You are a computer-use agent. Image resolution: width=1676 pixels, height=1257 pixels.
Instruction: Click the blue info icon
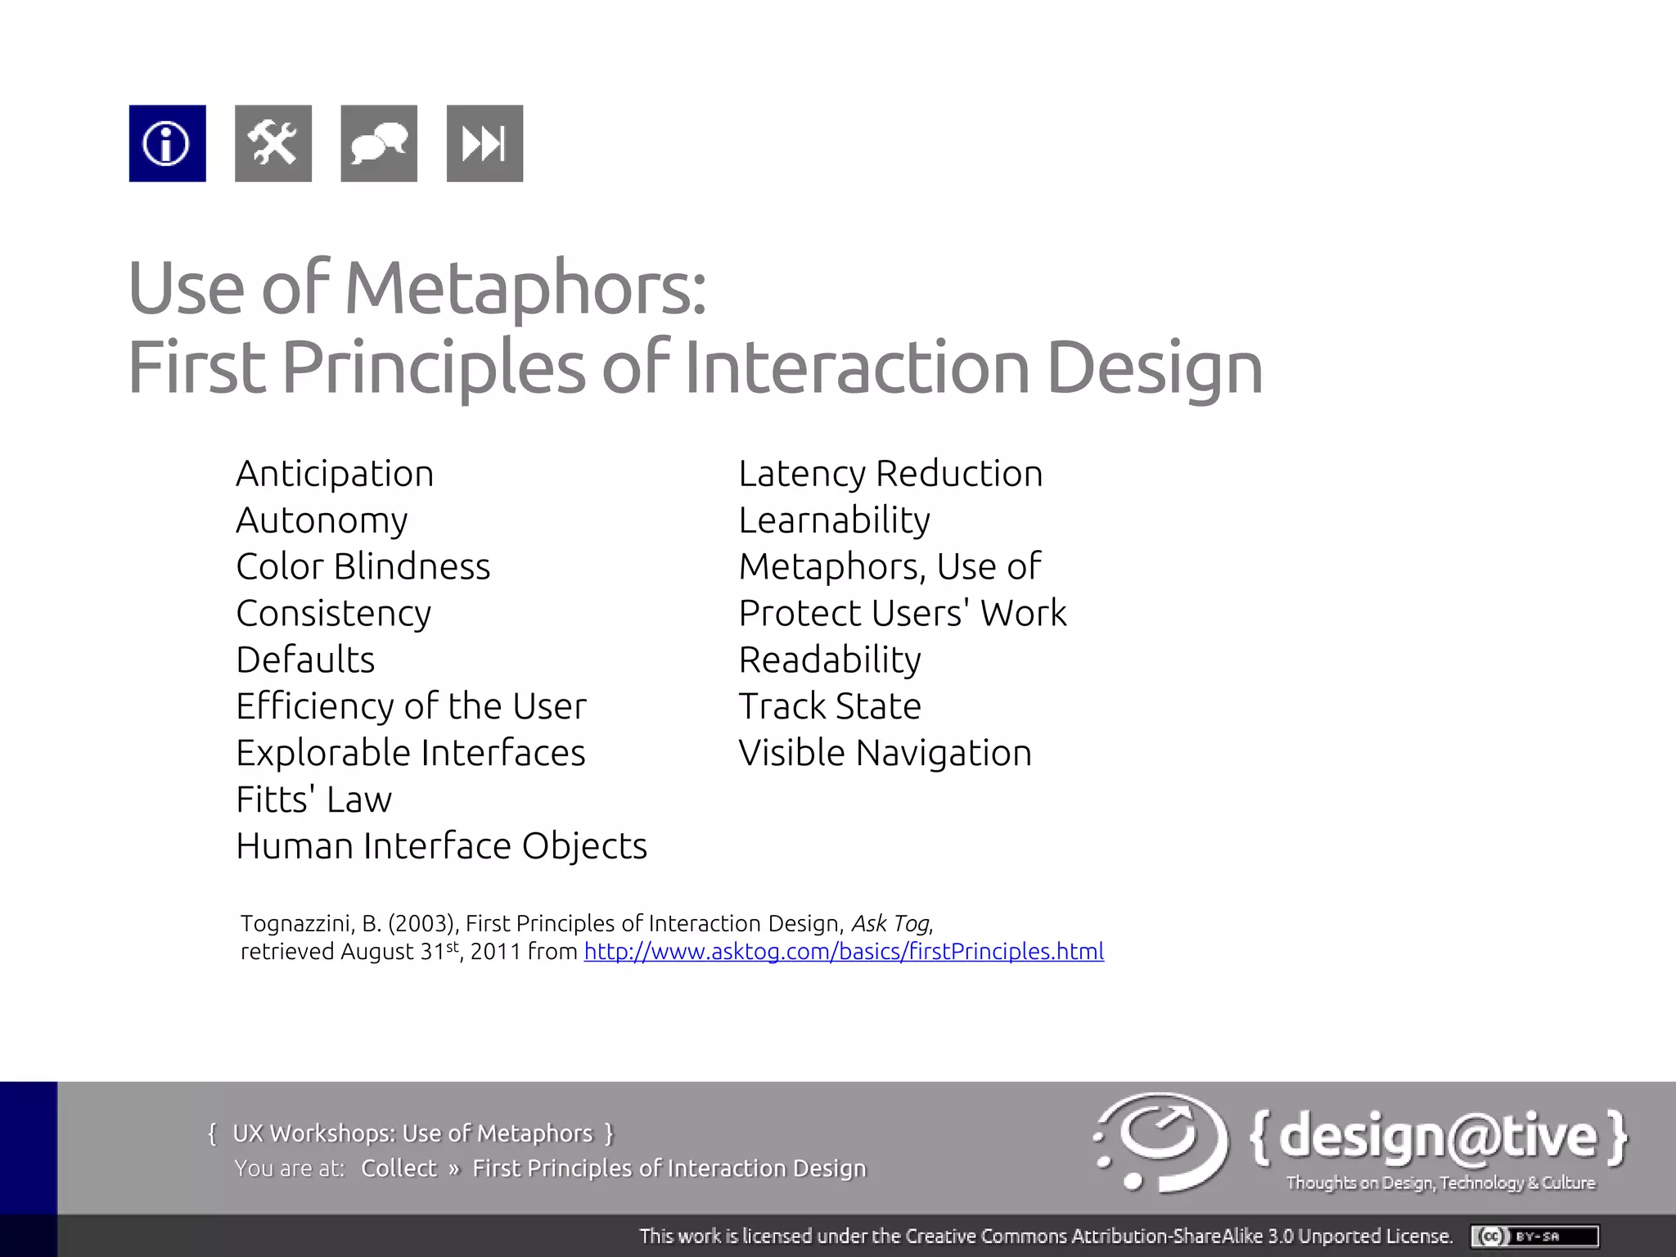(x=167, y=143)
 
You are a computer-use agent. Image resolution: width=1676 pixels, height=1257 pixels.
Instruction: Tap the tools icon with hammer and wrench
(x=273, y=143)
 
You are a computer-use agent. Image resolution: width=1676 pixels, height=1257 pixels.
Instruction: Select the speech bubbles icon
(x=378, y=143)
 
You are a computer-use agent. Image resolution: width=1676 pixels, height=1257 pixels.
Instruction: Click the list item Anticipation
(x=335, y=474)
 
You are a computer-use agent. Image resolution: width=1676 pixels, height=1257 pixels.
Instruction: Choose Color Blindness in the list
(x=363, y=567)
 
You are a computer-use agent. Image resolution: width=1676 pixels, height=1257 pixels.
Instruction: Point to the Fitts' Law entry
(x=313, y=800)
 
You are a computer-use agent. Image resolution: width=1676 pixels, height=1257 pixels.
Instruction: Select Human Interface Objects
(x=441, y=846)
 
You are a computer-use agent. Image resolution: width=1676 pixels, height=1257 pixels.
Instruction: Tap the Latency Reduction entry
(x=890, y=474)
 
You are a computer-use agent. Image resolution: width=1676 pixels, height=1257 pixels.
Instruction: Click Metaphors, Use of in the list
(x=890, y=567)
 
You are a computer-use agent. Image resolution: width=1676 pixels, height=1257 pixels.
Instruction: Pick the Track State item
(x=830, y=706)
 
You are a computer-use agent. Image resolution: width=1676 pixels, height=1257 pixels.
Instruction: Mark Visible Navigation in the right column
(x=885, y=753)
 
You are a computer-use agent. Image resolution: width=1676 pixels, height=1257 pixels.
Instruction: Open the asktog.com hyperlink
(x=844, y=952)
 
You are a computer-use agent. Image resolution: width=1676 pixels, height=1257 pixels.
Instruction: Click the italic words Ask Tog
(x=890, y=924)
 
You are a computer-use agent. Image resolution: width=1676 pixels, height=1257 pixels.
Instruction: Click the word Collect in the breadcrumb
(x=399, y=1168)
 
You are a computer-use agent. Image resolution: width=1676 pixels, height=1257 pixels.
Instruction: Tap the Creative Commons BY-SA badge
(x=1534, y=1236)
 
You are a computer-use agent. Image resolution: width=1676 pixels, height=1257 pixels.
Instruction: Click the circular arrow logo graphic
(x=1162, y=1142)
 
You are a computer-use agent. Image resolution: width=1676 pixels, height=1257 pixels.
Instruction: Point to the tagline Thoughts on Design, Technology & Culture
(x=1440, y=1183)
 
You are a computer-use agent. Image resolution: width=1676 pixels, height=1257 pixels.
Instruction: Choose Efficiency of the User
(x=411, y=706)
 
